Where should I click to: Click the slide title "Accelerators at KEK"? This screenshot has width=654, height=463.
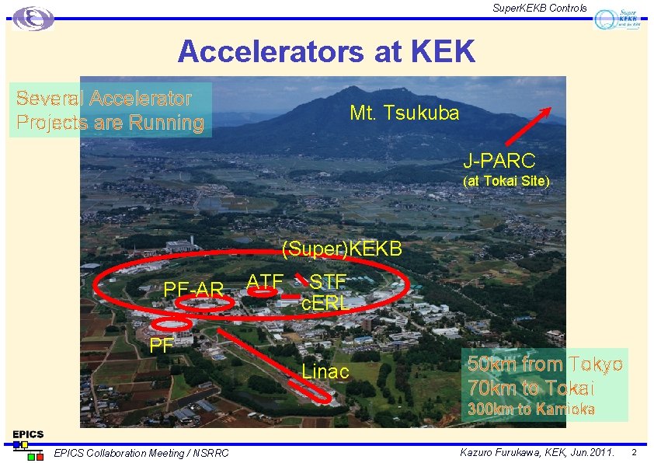(x=326, y=52)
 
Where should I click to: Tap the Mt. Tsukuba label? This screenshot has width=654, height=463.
(x=404, y=113)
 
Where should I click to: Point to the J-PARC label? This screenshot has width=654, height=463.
(x=499, y=161)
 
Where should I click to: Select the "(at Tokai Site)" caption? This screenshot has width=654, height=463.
(x=506, y=181)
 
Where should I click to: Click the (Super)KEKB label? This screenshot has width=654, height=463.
(x=342, y=249)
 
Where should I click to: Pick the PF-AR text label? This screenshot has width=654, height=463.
(x=193, y=290)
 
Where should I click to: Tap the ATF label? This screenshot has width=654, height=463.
(x=264, y=281)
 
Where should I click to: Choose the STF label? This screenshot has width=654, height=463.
(x=328, y=280)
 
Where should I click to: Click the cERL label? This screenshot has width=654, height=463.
(x=325, y=304)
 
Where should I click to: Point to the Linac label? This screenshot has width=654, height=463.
(x=325, y=371)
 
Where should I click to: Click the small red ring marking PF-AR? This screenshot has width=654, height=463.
(x=210, y=306)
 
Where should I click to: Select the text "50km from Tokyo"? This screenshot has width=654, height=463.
(x=544, y=364)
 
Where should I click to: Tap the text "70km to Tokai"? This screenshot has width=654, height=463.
(x=531, y=388)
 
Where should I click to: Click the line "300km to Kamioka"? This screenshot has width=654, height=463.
(x=531, y=409)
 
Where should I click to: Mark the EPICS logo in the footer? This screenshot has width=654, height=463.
(x=28, y=444)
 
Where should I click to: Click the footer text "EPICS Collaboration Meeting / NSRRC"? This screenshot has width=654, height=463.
(x=141, y=453)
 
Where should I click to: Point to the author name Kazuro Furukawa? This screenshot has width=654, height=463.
(x=499, y=452)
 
